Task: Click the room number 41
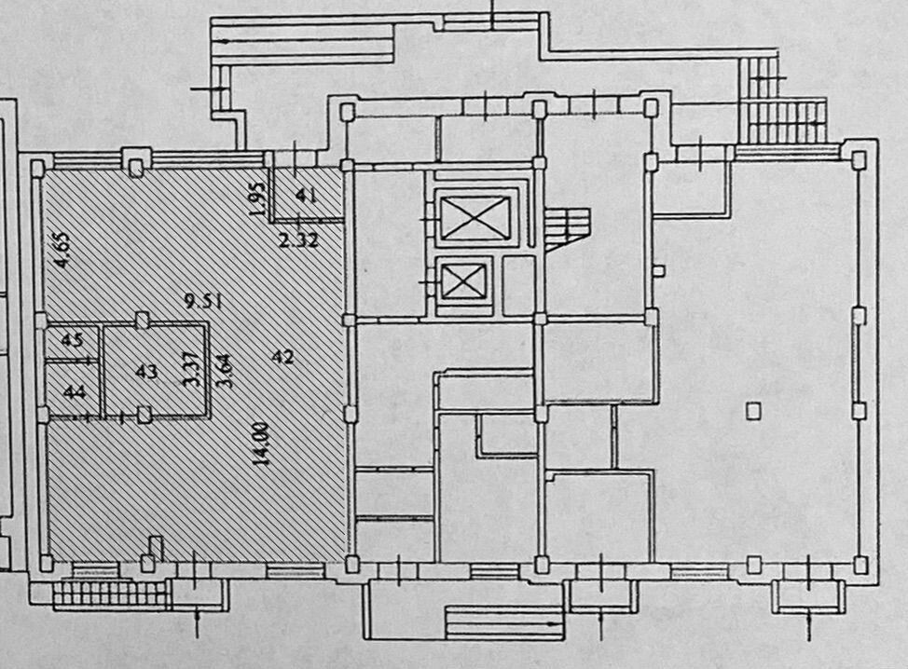point(306,196)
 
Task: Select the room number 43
point(145,371)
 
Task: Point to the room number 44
point(74,392)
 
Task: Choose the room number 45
point(71,339)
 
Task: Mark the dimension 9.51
point(202,301)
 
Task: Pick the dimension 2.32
point(298,239)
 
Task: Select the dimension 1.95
point(260,198)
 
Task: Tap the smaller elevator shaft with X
point(464,281)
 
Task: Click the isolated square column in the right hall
point(753,408)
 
